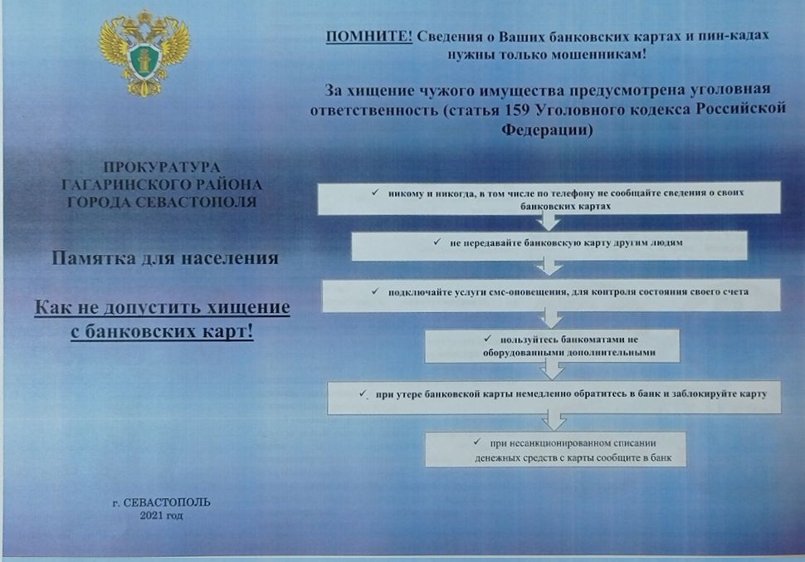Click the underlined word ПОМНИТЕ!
point(369,37)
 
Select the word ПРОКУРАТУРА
point(162,168)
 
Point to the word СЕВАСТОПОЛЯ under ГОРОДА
point(196,203)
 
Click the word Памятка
point(93,258)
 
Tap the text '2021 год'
point(161,516)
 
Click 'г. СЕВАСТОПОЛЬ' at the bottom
point(161,502)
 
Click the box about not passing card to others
point(549,246)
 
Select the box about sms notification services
point(551,295)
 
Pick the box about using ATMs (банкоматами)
point(552,345)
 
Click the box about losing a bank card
point(554,397)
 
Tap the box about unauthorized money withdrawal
point(555,449)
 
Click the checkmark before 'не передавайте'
point(437,242)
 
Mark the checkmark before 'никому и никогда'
point(375,193)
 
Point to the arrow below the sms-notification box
point(551,320)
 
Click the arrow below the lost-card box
point(554,421)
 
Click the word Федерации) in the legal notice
point(547,130)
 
